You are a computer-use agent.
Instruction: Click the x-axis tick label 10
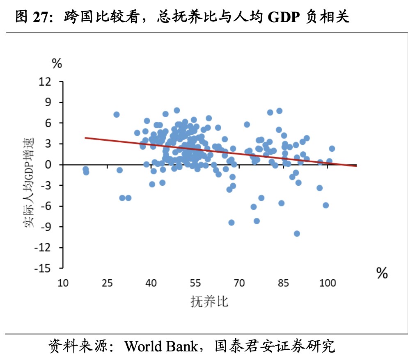tap(63, 283)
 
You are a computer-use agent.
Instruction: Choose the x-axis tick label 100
tap(328, 283)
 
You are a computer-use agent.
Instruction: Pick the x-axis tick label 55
tap(195, 283)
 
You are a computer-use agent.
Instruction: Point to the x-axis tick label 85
tap(284, 283)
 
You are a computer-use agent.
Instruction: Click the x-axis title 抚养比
tap(209, 302)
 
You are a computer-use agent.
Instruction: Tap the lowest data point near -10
tap(297, 234)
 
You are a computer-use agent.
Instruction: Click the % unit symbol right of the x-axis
tap(382, 273)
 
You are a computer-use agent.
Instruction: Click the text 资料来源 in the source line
tap(76, 346)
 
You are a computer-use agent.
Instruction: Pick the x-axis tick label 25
tap(107, 283)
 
